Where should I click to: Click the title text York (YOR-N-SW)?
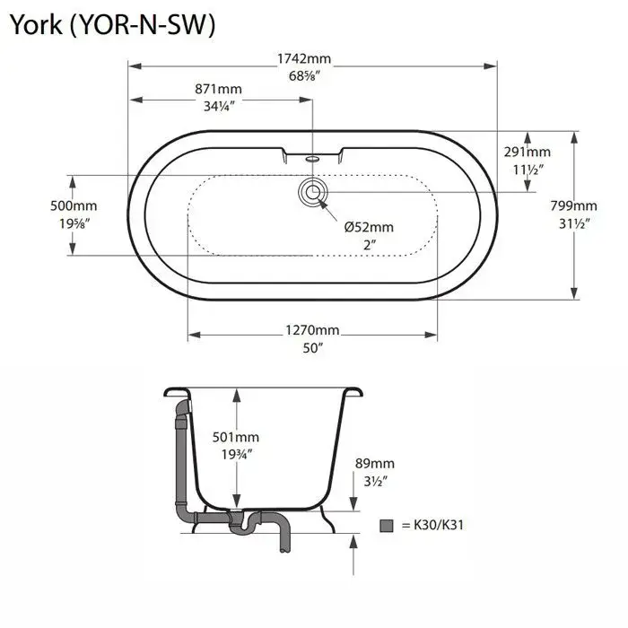112,25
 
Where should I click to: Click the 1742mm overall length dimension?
304,59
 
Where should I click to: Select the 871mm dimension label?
218,89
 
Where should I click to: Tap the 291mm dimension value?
528,152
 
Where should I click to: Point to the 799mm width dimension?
573,205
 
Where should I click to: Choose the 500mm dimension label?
74,205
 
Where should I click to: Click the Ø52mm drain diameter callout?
369,227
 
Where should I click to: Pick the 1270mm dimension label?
312,330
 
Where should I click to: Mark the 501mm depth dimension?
235,437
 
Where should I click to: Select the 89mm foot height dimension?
375,464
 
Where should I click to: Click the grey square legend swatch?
387,526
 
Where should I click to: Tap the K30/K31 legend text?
439,525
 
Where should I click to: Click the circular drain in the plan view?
313,192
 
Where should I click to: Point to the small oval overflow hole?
312,159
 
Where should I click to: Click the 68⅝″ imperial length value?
304,75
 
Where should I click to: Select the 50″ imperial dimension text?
312,348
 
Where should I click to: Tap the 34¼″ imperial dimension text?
219,106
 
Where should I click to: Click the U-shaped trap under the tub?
244,524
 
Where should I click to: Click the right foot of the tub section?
327,519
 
